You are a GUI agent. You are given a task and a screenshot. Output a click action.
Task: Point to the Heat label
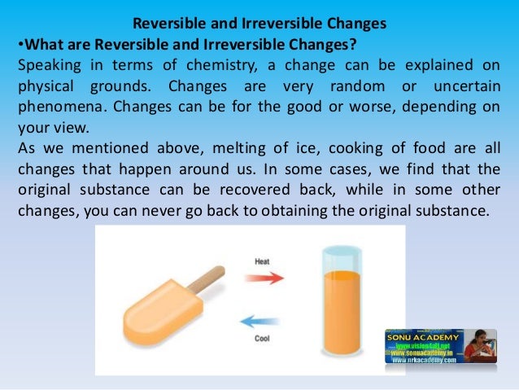click(263, 261)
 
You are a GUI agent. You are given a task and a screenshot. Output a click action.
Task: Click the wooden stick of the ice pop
click(203, 281)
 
